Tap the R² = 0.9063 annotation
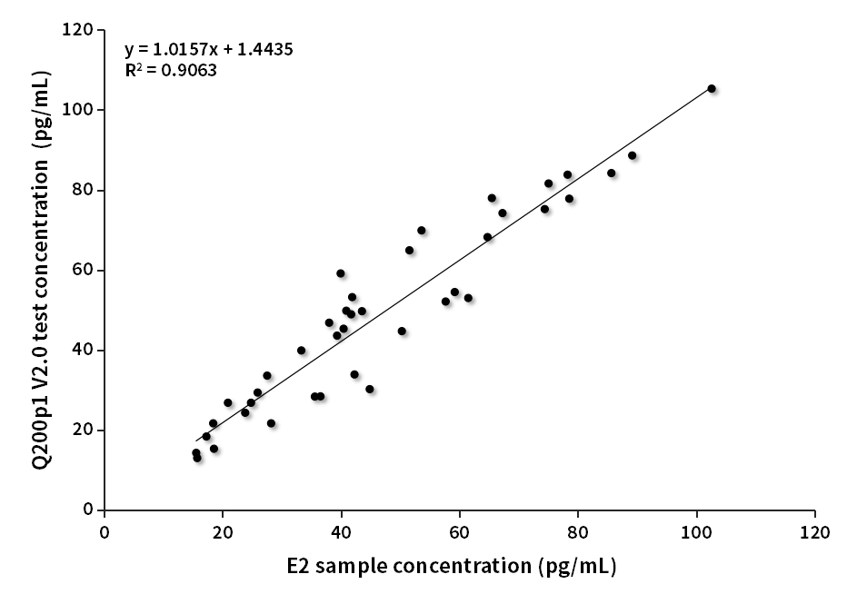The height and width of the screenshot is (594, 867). [171, 69]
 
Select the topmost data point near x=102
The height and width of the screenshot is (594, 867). [712, 88]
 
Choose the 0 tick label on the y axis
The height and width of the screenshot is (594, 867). [87, 510]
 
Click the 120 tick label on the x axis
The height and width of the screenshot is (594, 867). [814, 530]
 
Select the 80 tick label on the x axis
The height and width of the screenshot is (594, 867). [577, 530]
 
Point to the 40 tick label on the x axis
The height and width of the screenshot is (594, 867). [341, 530]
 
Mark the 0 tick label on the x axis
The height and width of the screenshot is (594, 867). [105, 530]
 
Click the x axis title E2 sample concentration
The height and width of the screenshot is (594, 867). [452, 567]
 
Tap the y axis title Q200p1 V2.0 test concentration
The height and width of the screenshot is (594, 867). [42, 271]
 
